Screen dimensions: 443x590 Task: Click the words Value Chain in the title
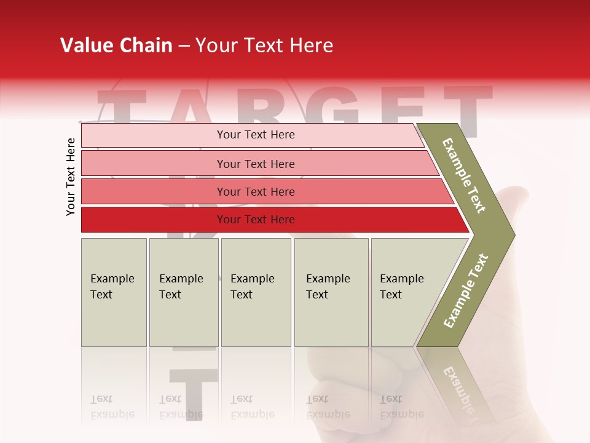click(x=116, y=46)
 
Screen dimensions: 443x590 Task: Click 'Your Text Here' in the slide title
click(x=264, y=46)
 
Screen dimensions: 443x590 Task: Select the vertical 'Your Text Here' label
click(x=71, y=177)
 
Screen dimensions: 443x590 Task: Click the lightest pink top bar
click(x=154, y=135)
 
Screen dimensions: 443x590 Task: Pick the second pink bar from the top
click(x=154, y=164)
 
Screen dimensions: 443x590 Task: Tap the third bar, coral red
click(x=154, y=191)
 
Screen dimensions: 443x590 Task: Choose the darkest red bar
click(x=154, y=220)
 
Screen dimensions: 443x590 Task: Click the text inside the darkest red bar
click(x=256, y=220)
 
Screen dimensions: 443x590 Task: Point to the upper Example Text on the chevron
click(x=465, y=175)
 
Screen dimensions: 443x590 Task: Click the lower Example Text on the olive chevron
click(x=466, y=290)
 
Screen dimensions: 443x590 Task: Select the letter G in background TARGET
click(x=335, y=108)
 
